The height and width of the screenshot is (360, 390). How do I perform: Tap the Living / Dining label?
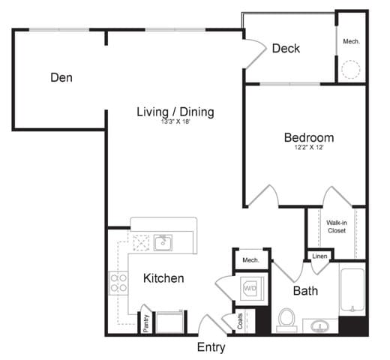click(x=175, y=112)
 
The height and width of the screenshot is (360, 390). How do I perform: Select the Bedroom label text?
click(x=308, y=138)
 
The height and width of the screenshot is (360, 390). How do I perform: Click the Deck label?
click(x=286, y=49)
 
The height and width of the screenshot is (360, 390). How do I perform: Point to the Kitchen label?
click(x=163, y=278)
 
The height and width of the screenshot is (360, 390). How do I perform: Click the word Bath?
click(x=305, y=290)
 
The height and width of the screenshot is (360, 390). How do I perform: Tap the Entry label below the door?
click(x=211, y=347)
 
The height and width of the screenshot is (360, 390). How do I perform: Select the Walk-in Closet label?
click(x=336, y=226)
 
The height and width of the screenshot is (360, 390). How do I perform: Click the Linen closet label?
click(x=319, y=257)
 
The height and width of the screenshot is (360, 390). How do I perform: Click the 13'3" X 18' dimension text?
click(x=174, y=124)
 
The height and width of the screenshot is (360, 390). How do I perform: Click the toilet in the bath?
click(x=284, y=319)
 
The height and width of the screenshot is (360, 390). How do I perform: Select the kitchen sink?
click(x=163, y=242)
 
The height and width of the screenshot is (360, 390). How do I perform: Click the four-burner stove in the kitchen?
click(x=118, y=282)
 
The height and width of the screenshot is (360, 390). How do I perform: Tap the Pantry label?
click(x=145, y=323)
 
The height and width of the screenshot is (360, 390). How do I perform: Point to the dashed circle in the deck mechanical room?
click(x=350, y=70)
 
